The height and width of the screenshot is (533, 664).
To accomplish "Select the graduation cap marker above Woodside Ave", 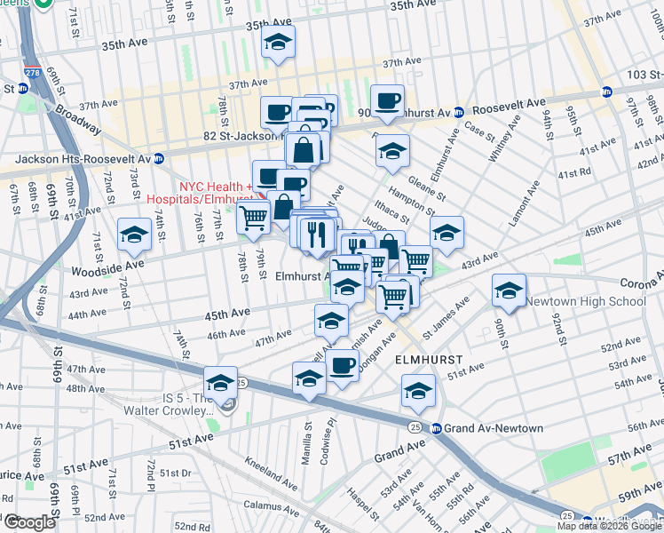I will [134, 235].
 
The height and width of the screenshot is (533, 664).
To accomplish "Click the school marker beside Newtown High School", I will [510, 290].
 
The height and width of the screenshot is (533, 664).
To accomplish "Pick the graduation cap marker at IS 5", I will [220, 383].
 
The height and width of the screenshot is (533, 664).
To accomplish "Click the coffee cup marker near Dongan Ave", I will [342, 365].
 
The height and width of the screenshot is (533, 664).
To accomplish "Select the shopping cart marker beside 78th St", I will [254, 216].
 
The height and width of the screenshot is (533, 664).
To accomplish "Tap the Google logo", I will [29, 522].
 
